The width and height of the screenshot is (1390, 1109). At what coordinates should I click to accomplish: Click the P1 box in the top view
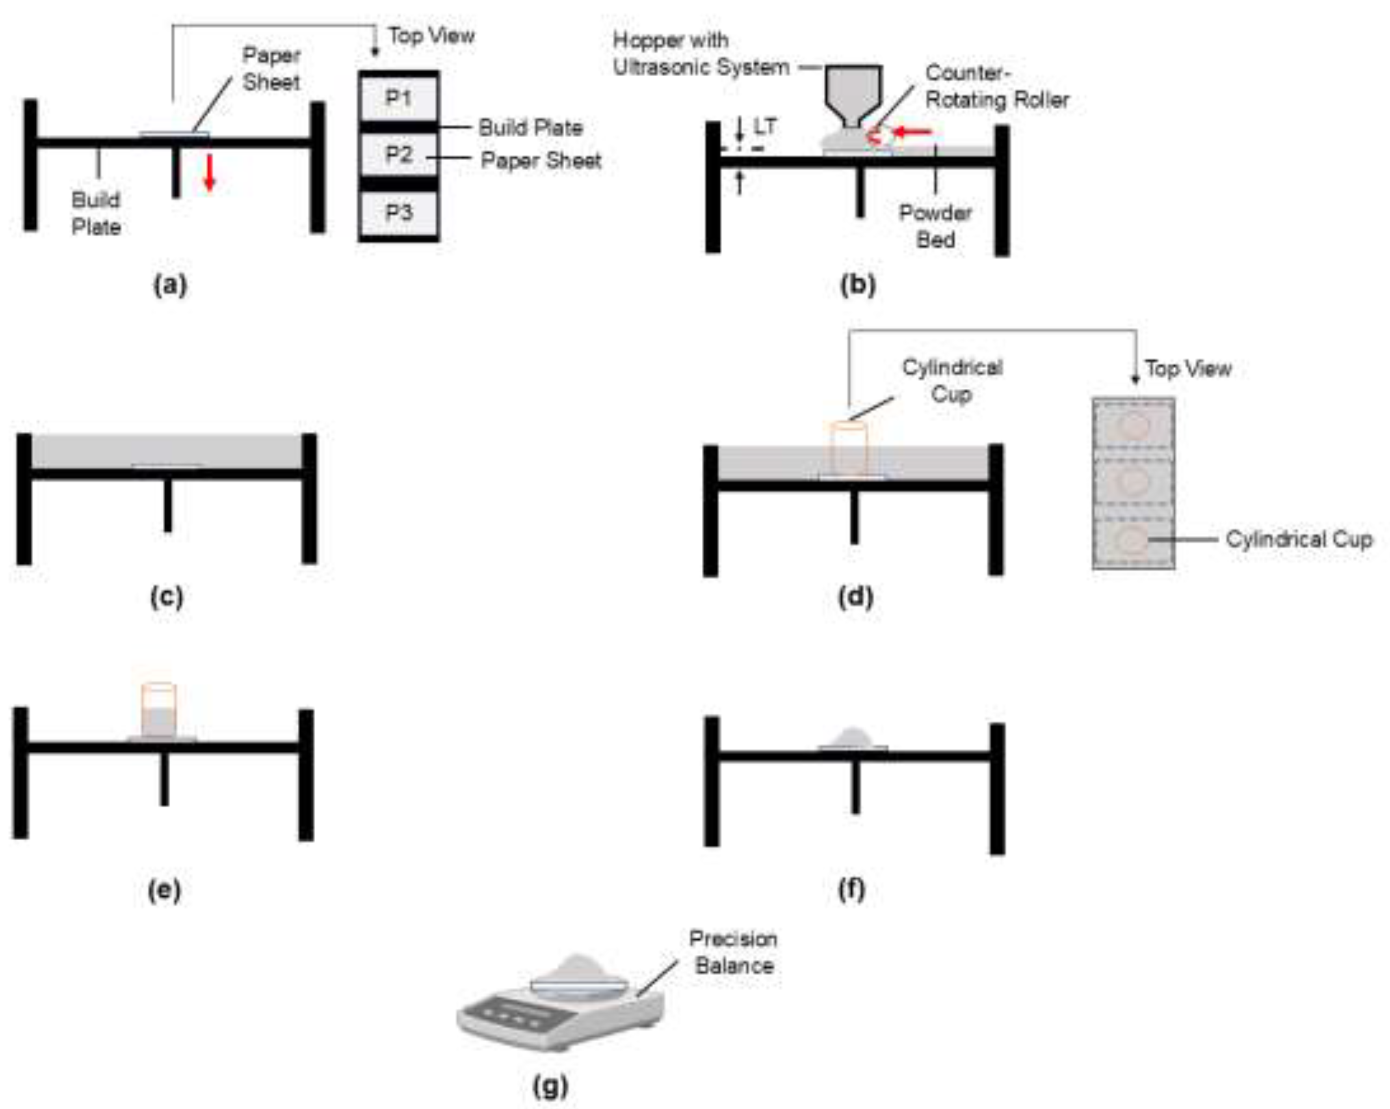[399, 98]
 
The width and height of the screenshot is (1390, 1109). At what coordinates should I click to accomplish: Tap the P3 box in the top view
[399, 212]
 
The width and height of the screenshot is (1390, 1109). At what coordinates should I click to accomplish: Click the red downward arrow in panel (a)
[209, 173]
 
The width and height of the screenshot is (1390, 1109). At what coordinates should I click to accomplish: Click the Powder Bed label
[935, 226]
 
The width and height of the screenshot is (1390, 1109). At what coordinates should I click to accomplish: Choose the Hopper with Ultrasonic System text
[701, 54]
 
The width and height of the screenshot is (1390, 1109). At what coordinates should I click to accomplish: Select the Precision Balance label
[734, 952]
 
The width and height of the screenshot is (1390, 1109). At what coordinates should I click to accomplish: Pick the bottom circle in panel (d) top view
[1132, 540]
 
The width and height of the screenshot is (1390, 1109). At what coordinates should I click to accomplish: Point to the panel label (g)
[550, 1086]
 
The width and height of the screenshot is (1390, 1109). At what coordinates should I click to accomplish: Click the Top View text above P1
[431, 35]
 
